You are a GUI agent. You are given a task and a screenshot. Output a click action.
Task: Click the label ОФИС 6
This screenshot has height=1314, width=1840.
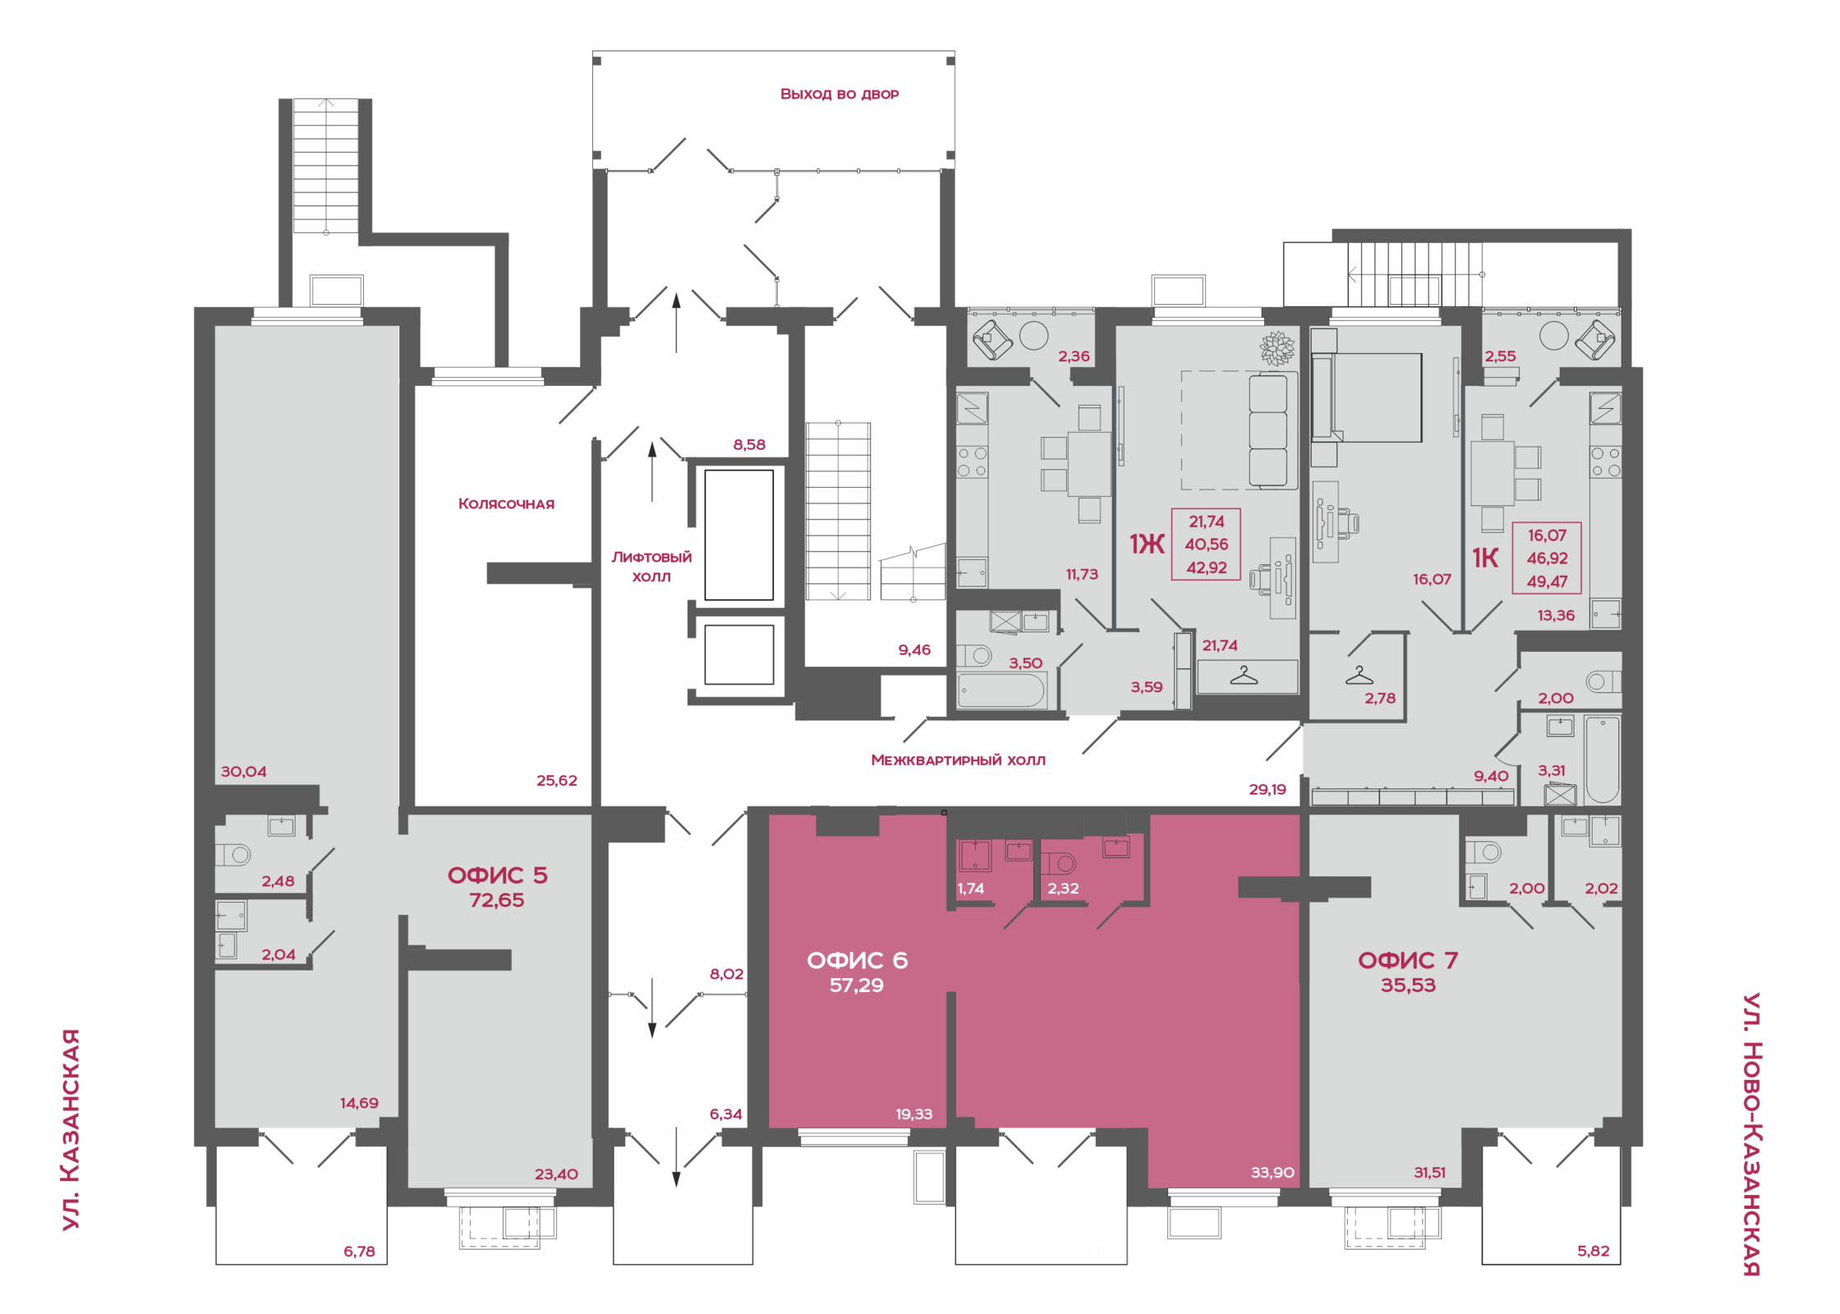(x=857, y=960)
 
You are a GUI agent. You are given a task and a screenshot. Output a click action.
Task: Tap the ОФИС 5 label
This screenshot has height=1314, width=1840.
(x=497, y=875)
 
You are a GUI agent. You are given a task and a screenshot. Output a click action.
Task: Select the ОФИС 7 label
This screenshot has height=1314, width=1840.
(x=1408, y=960)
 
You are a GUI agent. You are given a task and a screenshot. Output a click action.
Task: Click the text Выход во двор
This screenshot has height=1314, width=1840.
(x=839, y=94)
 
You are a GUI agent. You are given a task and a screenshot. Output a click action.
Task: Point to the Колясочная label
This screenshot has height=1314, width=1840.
(x=506, y=503)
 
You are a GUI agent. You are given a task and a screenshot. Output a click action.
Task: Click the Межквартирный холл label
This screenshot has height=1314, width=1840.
(x=958, y=760)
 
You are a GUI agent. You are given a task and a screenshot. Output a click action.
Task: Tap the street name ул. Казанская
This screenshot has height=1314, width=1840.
(x=71, y=1129)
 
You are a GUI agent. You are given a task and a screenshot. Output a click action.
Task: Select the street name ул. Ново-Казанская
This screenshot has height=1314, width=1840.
(x=1751, y=1134)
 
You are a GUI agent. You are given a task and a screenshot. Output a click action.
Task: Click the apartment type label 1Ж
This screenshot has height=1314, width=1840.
(x=1147, y=544)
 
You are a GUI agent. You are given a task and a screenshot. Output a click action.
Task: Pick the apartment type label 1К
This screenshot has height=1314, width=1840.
(x=1485, y=558)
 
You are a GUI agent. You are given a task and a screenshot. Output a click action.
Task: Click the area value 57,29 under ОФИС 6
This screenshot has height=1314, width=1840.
(x=856, y=985)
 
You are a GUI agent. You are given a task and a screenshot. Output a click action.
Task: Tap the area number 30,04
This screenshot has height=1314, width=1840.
(x=243, y=772)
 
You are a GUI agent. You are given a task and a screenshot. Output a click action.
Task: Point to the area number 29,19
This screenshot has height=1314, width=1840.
(x=1267, y=789)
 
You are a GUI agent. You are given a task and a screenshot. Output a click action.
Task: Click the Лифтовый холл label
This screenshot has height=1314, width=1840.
(x=651, y=567)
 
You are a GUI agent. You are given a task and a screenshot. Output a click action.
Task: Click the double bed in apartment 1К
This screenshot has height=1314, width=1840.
(x=1367, y=397)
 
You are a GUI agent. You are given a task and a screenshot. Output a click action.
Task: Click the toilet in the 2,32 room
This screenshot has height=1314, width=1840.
(x=1058, y=863)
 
